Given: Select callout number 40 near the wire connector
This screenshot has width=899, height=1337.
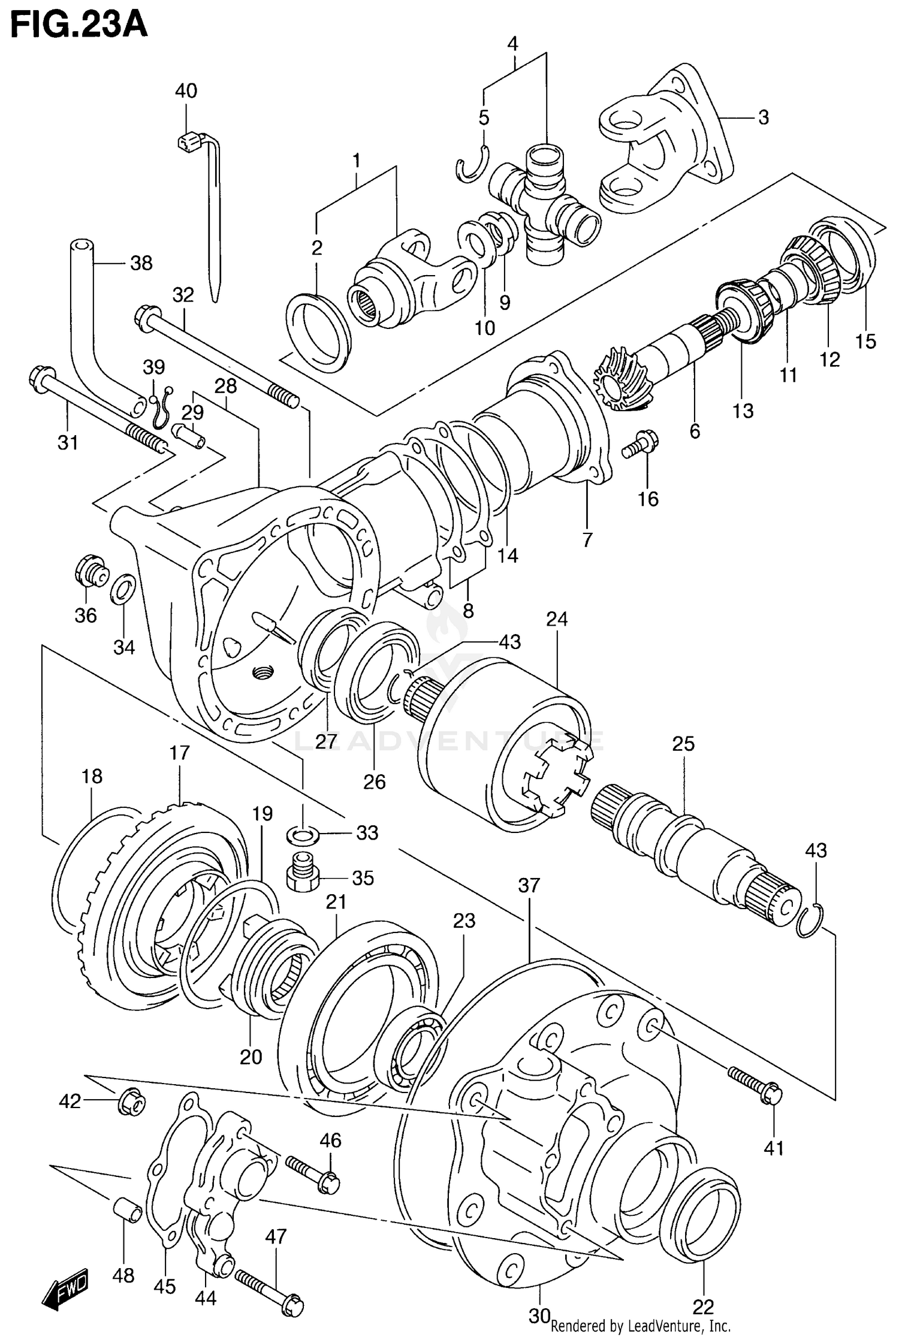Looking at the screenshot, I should coord(186,91).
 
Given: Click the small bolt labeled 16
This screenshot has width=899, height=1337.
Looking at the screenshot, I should coord(640,443).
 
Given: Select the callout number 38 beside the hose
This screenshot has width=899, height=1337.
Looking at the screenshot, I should coord(141,262).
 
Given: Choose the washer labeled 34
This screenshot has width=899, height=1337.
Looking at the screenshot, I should coord(123,588).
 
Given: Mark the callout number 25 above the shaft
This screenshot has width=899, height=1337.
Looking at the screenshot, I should coord(683,744).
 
